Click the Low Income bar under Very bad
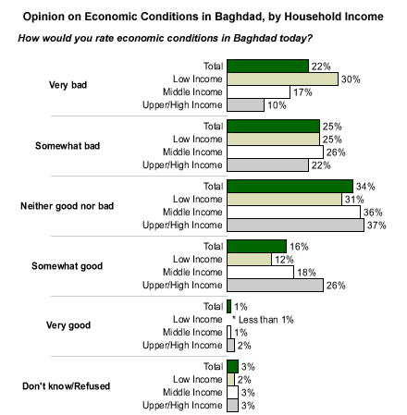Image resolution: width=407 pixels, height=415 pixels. pos(282,79)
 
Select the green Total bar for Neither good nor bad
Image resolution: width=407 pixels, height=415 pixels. pos(290,187)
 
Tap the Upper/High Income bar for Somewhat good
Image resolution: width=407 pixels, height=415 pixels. pos(275,286)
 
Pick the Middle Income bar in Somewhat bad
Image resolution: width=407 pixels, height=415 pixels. pos(275,153)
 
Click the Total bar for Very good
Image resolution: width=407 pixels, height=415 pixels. pos(228,307)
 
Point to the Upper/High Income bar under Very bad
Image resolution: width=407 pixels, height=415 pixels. pos(245,105)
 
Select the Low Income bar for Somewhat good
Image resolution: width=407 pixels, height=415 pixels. pos(249,260)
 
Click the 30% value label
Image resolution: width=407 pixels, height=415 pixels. pos(351,79)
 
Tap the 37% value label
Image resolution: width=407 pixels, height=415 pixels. pos(376,226)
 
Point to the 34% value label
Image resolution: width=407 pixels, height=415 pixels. pos(365,187)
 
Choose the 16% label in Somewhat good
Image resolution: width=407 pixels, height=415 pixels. pos(299,247)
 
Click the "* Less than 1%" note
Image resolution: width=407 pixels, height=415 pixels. pos(263,320)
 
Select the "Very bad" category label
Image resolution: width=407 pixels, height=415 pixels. pos(68,85)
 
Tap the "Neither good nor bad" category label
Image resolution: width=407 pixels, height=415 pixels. pos(67,206)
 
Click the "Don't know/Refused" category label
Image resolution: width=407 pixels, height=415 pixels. pos(66,386)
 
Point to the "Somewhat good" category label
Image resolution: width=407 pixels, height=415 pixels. pos(67,266)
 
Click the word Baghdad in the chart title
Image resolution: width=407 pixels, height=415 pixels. pos(239,17)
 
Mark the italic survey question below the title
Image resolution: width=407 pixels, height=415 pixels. pos(166,38)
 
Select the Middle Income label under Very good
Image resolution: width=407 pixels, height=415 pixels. pos(192,333)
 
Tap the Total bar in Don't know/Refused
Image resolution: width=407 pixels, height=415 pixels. pos(232,367)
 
